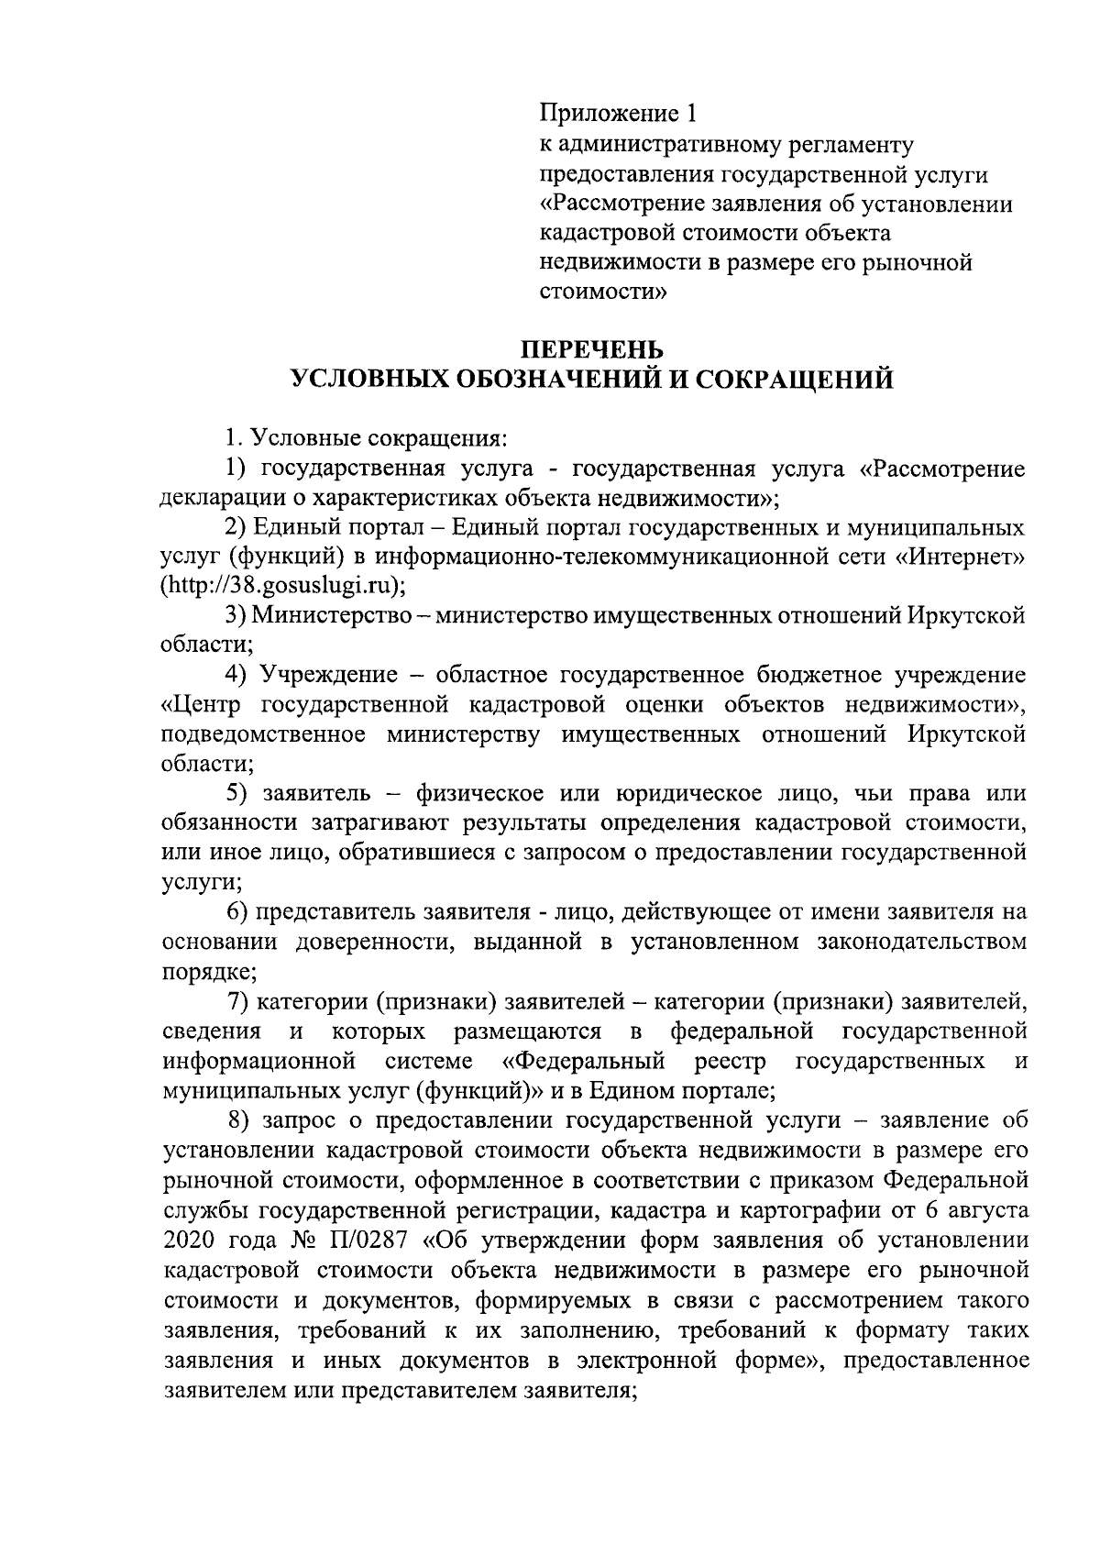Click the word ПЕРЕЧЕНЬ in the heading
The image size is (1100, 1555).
[591, 349]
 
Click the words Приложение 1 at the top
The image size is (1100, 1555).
[618, 114]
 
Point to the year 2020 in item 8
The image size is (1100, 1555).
[189, 1241]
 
